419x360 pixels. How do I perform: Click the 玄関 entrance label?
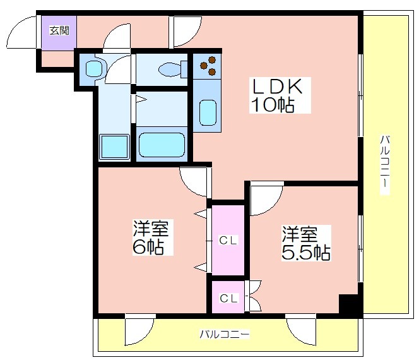59,31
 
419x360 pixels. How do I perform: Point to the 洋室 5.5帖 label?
306,243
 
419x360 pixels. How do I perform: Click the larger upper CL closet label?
228,241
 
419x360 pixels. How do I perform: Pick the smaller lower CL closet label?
228,298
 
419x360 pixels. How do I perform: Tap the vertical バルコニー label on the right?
385,165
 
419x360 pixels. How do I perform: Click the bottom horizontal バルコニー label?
225,334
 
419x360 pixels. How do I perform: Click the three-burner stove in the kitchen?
208,66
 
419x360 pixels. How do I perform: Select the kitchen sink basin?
208,112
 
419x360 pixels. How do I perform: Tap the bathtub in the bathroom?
162,145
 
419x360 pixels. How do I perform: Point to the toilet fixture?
173,69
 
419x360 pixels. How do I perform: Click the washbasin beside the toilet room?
94,68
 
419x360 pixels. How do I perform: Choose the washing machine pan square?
114,147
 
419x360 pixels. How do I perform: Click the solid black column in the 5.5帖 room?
348,304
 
